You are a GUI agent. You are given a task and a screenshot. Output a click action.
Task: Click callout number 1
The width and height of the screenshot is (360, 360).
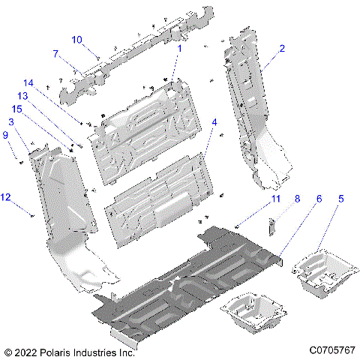tap(179, 48)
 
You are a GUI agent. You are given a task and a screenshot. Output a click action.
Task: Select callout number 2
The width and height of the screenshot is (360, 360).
tap(281, 48)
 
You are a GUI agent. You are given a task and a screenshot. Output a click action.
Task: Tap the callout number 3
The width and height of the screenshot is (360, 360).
tap(11, 121)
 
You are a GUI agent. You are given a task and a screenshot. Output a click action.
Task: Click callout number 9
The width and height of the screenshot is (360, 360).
tap(5, 135)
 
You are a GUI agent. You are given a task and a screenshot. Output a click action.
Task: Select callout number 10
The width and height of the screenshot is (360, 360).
tap(77, 39)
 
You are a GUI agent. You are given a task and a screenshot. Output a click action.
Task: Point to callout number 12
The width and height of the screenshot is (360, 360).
tap(6, 197)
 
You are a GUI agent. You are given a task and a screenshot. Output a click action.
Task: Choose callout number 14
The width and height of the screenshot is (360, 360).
tap(28, 82)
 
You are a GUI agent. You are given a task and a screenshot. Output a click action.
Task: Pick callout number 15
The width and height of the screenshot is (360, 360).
tap(16, 109)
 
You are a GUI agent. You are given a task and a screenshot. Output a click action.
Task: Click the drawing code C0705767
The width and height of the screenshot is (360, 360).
tap(331, 350)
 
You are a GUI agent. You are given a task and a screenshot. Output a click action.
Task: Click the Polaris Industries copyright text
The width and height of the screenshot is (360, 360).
tap(69, 350)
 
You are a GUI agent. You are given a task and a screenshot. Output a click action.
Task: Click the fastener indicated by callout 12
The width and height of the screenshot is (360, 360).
tap(31, 215)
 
